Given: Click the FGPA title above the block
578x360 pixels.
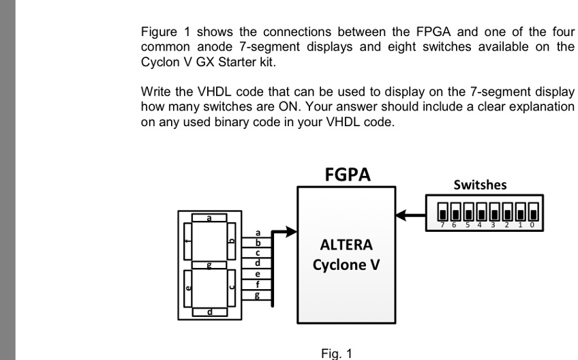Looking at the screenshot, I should [x=347, y=175].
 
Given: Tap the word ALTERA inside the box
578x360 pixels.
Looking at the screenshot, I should [x=346, y=245].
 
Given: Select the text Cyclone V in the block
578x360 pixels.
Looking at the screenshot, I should [x=346, y=265].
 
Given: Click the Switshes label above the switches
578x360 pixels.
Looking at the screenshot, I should [x=480, y=185].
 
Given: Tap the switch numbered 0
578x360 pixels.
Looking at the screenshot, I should [x=532, y=209].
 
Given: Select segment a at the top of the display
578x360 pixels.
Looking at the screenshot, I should [x=209, y=218].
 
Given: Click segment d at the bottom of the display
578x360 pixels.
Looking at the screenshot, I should [x=209, y=312].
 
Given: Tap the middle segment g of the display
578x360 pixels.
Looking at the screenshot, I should [x=209, y=265].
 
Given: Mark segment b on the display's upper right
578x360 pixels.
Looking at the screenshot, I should [x=231, y=241].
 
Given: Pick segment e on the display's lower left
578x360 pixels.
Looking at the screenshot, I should [x=188, y=288].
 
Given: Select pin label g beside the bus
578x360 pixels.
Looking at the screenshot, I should [x=258, y=295].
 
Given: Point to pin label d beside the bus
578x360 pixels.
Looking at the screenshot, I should [x=258, y=263].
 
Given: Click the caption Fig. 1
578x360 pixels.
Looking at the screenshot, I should [x=336, y=353].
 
